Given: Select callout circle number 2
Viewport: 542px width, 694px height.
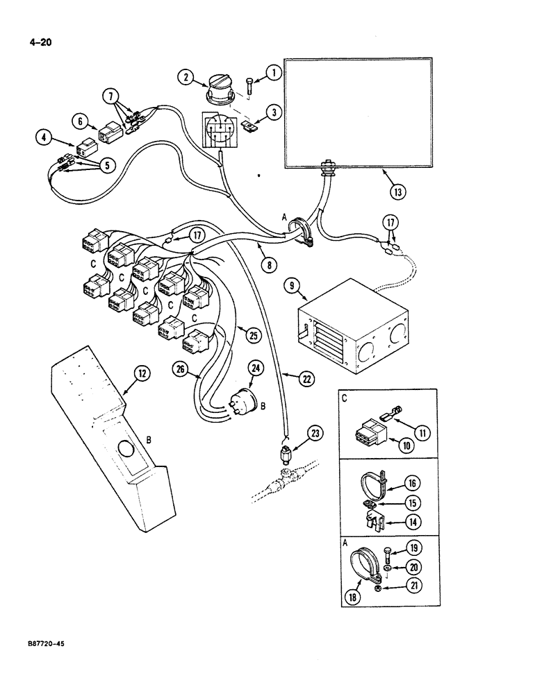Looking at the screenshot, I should [184, 78].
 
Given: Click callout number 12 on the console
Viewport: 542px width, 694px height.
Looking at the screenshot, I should [141, 375].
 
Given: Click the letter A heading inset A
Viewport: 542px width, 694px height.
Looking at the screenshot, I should [345, 545].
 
